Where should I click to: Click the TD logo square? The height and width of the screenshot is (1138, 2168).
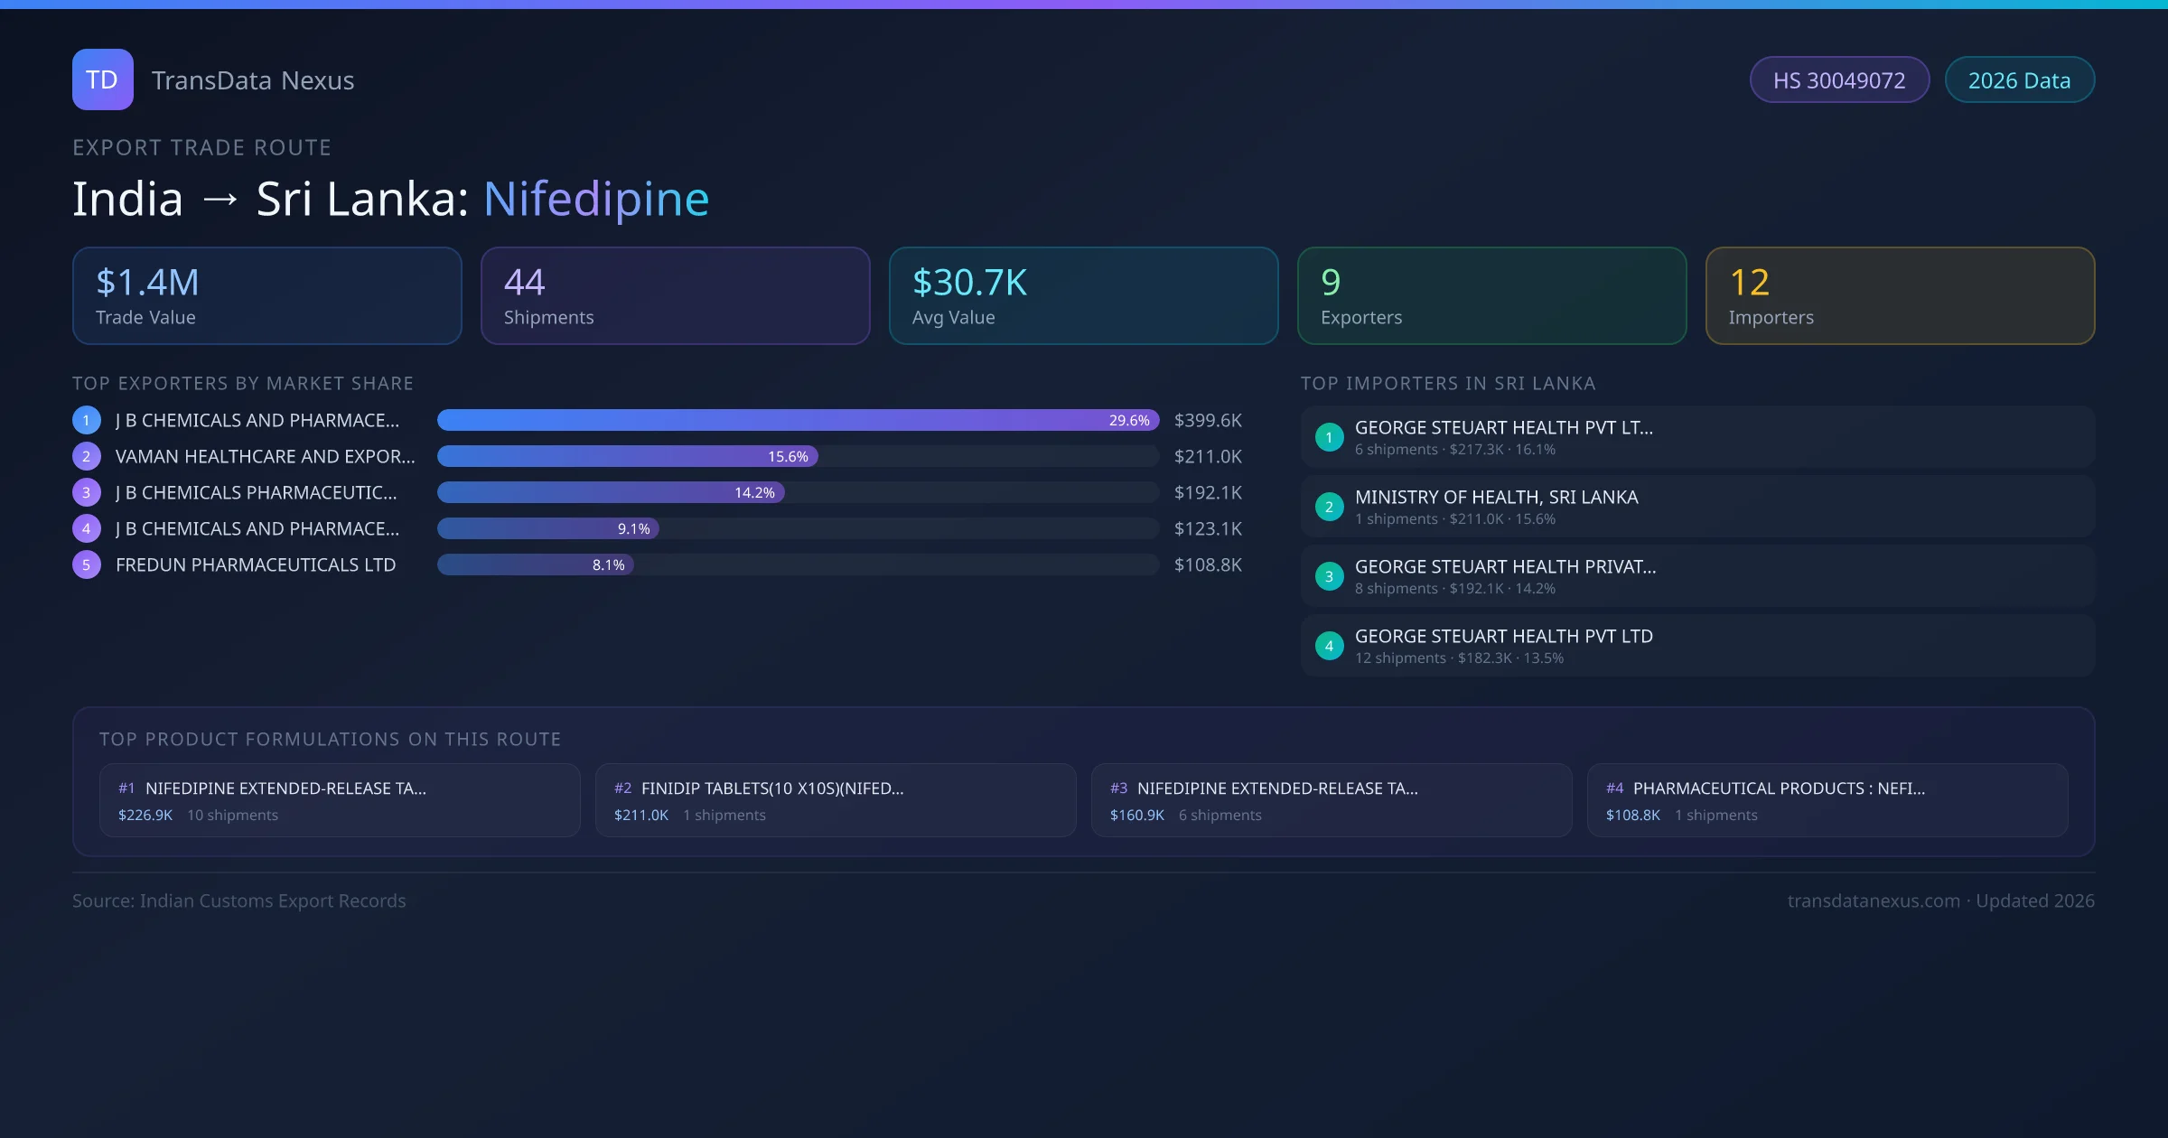[x=102, y=79]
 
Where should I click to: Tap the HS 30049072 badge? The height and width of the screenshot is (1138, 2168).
[x=1838, y=80]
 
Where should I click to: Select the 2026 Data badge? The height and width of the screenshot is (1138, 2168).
[x=2019, y=80]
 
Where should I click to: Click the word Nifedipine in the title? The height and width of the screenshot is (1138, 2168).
[x=596, y=199]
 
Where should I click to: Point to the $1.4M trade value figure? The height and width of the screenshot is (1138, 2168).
[x=147, y=283]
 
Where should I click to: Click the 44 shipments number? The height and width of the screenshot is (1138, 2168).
[x=524, y=283]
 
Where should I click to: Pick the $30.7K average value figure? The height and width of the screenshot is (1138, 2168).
[x=969, y=283]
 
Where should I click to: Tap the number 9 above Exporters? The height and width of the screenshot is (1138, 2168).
[x=1331, y=283]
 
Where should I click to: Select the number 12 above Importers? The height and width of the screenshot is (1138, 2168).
[x=1749, y=283]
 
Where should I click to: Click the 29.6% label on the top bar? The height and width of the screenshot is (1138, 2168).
[x=1129, y=421]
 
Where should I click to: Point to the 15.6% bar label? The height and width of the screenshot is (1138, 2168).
[x=788, y=457]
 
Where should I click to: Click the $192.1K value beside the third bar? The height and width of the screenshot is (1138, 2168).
[x=1208, y=493]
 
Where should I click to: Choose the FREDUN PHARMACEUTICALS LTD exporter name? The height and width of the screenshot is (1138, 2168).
[x=256, y=565]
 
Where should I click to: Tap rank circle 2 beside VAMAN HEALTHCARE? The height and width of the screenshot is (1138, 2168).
[x=87, y=457]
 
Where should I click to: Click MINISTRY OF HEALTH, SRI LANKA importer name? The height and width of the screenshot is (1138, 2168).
[x=1496, y=498]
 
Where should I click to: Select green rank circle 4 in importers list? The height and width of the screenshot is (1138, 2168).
[x=1329, y=647]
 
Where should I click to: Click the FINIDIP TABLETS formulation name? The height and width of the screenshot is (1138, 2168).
[x=772, y=788]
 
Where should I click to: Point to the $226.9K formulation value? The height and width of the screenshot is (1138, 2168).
[x=145, y=816]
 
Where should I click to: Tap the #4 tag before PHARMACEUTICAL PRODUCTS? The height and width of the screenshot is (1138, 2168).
[x=1614, y=788]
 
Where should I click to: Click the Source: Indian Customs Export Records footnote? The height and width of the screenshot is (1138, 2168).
[x=239, y=901]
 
